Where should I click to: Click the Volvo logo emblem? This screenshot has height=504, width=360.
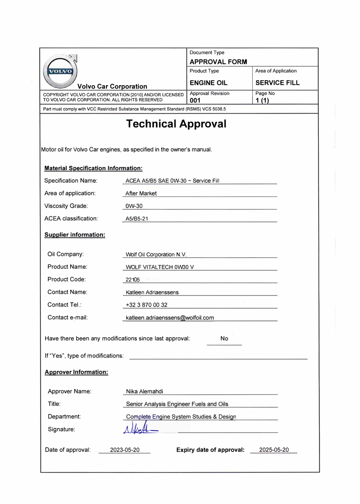[60, 71]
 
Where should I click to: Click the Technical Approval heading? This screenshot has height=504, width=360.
[176, 124]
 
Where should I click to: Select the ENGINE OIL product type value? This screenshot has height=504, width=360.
[208, 83]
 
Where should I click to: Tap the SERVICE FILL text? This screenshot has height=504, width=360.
[278, 83]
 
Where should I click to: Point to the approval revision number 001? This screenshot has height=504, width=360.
[195, 100]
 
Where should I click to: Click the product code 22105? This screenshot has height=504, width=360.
[133, 280]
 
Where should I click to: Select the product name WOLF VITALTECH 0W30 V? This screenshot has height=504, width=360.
[160, 267]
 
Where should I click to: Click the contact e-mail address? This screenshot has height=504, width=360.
[170, 318]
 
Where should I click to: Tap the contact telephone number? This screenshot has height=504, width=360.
[147, 305]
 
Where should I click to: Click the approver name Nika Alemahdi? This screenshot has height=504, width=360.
[145, 392]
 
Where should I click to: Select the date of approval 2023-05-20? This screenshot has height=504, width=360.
[125, 450]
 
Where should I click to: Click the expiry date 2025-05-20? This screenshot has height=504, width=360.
[274, 450]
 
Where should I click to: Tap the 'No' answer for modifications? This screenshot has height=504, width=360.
[224, 339]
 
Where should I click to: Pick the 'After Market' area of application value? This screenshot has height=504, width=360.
[141, 193]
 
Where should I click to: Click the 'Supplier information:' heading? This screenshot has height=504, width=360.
[74, 235]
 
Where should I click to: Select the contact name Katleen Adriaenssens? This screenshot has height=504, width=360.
[152, 292]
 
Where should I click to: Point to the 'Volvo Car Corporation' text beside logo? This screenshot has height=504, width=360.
[112, 87]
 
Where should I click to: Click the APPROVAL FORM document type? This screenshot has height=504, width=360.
[218, 62]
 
